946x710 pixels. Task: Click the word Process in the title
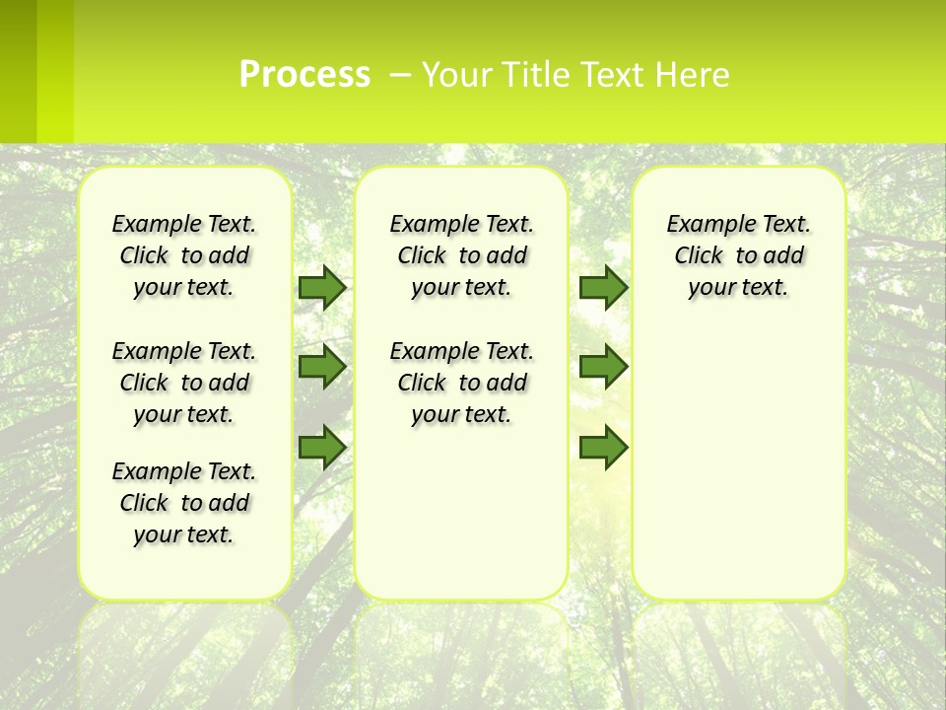click(304, 75)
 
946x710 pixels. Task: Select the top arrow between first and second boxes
click(322, 287)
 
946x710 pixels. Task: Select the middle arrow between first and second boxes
click(322, 367)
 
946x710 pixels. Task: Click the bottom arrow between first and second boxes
click(322, 447)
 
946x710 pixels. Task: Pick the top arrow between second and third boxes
click(603, 287)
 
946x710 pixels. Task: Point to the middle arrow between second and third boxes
click(603, 367)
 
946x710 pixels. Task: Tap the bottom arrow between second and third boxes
click(603, 447)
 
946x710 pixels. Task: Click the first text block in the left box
click(184, 255)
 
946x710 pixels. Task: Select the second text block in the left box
click(184, 383)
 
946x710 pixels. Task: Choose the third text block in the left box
click(184, 503)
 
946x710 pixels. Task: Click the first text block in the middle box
click(461, 255)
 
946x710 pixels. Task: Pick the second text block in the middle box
click(461, 383)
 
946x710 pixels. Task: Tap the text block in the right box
click(738, 255)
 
